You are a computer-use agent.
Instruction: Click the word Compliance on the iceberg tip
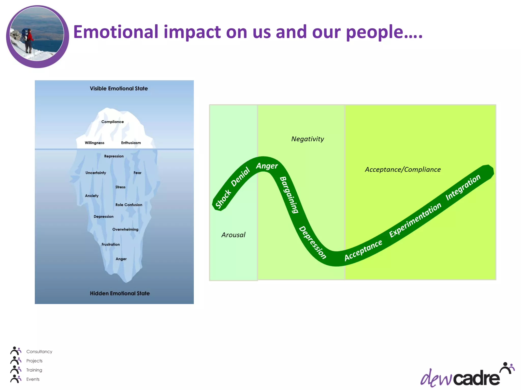pyautogui.click(x=112, y=122)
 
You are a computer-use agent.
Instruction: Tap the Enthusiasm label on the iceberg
pyautogui.click(x=131, y=143)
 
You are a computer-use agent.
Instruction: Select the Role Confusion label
pyautogui.click(x=129, y=205)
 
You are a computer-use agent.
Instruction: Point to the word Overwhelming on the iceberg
pyautogui.click(x=125, y=230)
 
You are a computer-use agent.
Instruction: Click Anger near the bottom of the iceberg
pyautogui.click(x=121, y=259)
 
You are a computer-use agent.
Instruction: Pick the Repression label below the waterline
pyautogui.click(x=114, y=156)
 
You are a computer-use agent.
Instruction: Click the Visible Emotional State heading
pyautogui.click(x=119, y=89)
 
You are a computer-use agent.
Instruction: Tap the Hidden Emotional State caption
pyautogui.click(x=120, y=294)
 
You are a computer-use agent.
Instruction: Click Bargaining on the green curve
pyautogui.click(x=289, y=195)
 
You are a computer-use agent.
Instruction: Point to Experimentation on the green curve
pyautogui.click(x=415, y=220)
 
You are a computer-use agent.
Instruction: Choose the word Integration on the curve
pyautogui.click(x=463, y=187)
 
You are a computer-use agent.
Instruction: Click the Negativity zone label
pyautogui.click(x=307, y=139)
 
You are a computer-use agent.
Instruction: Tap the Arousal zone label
pyautogui.click(x=233, y=235)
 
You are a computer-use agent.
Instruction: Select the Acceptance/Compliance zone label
pyautogui.click(x=403, y=170)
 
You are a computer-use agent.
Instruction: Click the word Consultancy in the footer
pyautogui.click(x=39, y=352)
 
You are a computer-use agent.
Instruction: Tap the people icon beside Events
pyautogui.click(x=16, y=379)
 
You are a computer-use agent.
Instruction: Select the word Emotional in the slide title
pyautogui.click(x=116, y=32)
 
